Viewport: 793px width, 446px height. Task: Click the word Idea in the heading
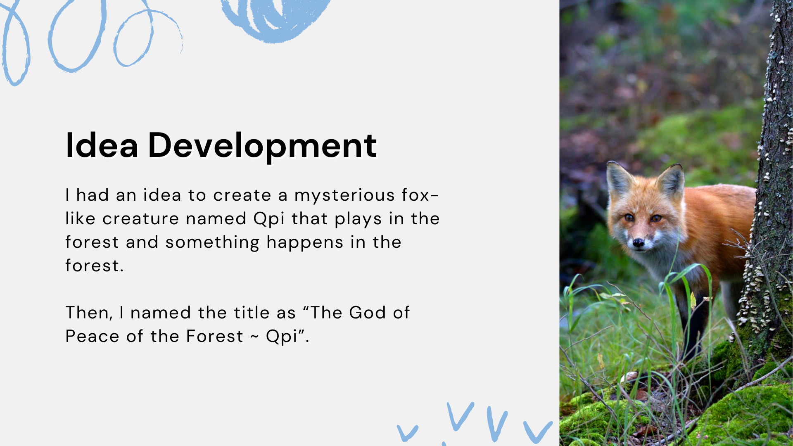pos(102,145)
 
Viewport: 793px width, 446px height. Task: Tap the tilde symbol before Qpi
pos(254,337)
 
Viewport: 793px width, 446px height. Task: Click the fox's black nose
pos(639,242)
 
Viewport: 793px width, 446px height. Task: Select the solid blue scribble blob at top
pos(275,19)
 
